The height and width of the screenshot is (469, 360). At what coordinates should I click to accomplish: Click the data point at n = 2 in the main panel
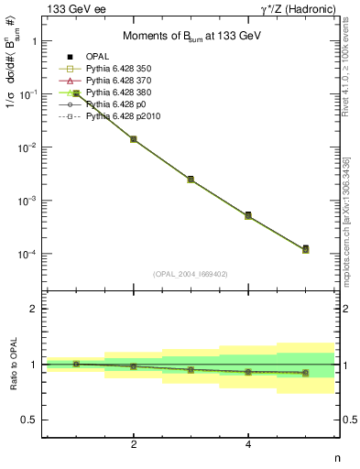click(134, 139)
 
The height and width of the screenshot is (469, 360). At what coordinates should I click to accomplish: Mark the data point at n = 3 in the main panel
click(191, 180)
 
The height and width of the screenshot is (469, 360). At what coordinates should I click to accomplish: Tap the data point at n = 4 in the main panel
click(248, 215)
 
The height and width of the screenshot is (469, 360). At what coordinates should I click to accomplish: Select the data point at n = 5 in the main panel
click(305, 248)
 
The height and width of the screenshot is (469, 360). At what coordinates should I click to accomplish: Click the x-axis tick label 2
click(134, 446)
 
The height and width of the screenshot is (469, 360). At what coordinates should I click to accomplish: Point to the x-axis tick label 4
click(248, 446)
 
